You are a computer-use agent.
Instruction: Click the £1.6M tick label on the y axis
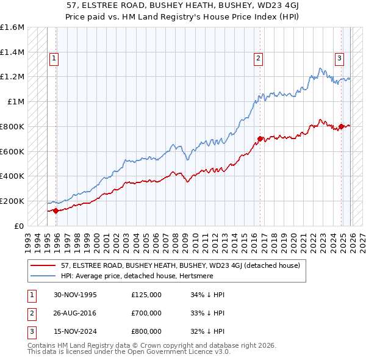tap(12, 27)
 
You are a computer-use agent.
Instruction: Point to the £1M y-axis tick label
tap(16, 102)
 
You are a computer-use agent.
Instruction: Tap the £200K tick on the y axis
tap(12, 201)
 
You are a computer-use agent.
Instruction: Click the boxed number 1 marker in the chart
tap(54, 59)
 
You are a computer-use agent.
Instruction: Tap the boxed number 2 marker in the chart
tap(259, 59)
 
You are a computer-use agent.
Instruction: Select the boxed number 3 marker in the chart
tap(339, 59)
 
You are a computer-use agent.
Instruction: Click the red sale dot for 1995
tap(56, 211)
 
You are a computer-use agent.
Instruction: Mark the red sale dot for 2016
tap(260, 139)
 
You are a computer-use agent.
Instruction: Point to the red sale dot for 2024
tap(341, 127)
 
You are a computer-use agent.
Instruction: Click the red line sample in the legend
tap(43, 266)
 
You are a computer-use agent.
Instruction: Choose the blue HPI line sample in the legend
tap(43, 276)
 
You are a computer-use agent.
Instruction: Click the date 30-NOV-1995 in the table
tap(75, 295)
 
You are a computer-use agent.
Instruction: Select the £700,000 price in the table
tap(146, 313)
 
